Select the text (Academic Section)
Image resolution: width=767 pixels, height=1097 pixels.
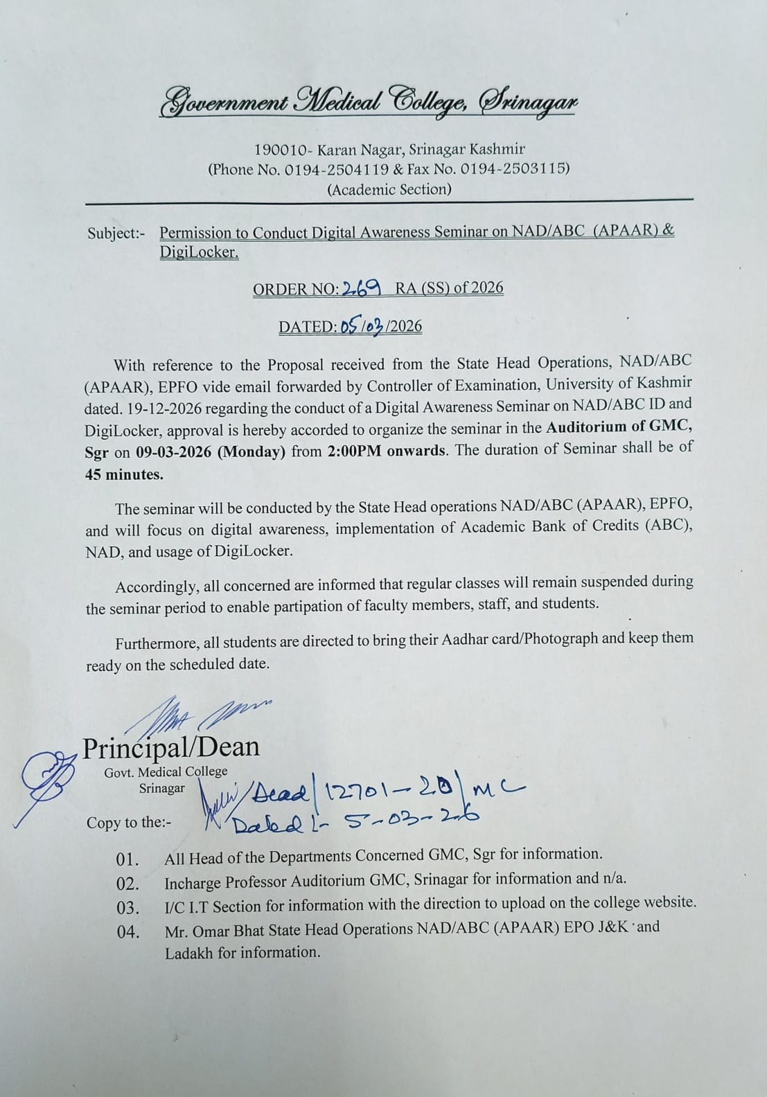point(389,190)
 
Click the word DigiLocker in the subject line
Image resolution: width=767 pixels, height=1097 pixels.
point(199,253)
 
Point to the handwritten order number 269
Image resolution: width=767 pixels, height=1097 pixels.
point(360,287)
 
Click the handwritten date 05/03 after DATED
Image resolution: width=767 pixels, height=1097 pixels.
point(362,326)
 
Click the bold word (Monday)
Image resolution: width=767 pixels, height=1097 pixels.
point(251,452)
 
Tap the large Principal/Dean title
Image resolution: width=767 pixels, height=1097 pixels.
point(171,747)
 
